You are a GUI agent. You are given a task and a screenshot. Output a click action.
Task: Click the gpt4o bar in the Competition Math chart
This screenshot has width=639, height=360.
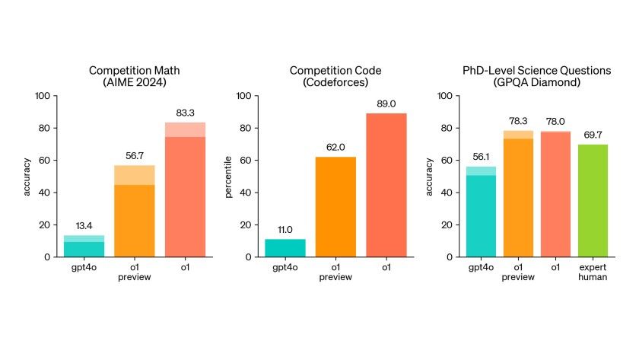(x=84, y=247)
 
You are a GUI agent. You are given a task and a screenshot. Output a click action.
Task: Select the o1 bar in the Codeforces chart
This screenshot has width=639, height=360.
(x=386, y=185)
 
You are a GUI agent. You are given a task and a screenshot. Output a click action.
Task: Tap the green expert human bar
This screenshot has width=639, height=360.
(x=593, y=201)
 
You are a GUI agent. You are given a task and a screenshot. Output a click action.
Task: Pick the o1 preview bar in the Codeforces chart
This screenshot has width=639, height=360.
(x=335, y=207)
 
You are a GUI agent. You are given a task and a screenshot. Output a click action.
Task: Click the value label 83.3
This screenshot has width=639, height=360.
(x=185, y=113)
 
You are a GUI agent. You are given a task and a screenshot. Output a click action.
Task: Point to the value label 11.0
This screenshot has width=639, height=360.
(x=285, y=230)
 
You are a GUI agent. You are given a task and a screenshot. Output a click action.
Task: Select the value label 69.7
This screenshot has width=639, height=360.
(x=593, y=135)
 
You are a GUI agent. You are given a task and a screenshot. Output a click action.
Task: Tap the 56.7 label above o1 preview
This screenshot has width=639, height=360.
(x=135, y=156)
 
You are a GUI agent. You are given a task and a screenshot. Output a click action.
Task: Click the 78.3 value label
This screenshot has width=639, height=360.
(x=518, y=121)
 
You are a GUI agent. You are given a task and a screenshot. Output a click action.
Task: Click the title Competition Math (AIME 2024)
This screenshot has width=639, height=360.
(x=134, y=76)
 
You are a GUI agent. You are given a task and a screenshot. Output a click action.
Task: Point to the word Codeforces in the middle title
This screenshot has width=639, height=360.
(x=335, y=82)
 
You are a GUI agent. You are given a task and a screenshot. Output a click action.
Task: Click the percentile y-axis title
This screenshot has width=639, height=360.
(x=228, y=177)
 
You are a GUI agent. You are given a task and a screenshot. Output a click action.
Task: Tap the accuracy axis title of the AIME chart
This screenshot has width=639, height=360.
(x=27, y=177)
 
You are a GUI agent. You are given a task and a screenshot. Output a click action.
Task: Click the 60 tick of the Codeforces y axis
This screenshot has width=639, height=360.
(x=246, y=161)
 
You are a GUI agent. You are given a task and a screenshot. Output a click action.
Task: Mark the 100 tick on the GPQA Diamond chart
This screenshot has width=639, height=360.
(x=445, y=96)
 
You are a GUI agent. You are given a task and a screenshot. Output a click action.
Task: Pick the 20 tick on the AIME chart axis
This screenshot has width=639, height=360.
(x=45, y=225)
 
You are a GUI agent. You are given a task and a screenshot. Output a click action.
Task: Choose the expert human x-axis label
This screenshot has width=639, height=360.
(x=593, y=272)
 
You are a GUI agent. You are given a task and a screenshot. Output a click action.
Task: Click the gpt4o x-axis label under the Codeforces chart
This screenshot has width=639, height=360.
(x=285, y=267)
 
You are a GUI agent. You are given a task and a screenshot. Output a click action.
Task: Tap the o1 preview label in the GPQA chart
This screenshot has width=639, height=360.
(x=518, y=272)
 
